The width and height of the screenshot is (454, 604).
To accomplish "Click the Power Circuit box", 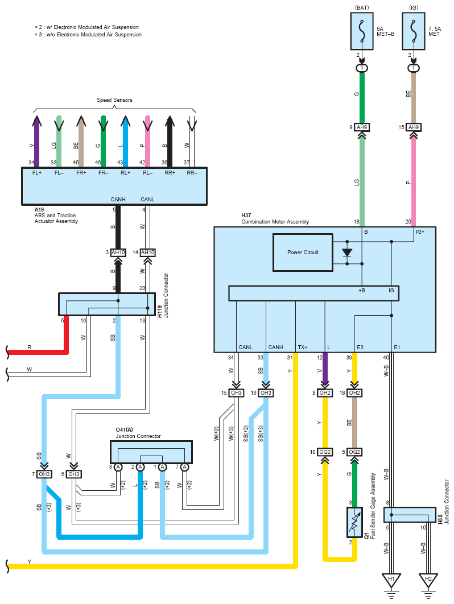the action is point(303,253).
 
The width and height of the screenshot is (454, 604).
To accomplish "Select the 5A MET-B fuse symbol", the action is point(362,31).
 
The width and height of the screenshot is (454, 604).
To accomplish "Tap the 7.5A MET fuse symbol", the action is point(414,31).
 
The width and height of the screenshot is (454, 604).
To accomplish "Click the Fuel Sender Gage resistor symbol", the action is point(354,522).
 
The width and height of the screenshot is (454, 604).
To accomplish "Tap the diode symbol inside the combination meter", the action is point(347,253).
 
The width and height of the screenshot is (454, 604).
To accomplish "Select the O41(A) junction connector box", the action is point(151,452).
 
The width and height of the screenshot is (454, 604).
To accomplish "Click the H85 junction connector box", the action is point(410,515).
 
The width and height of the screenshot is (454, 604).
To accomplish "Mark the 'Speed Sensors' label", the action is point(114,100).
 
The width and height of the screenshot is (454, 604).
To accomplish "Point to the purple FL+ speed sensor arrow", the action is point(36,141).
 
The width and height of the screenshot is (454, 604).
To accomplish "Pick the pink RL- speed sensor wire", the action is point(147,141).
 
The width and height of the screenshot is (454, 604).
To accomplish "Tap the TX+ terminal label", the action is point(303,347).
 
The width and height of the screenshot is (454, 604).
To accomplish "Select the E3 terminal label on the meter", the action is point(360,347).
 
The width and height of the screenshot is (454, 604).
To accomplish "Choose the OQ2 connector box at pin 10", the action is point(325,452).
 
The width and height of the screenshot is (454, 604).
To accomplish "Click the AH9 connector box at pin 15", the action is point(414,127).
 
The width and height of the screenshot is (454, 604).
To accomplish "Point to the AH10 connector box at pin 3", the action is point(118,253).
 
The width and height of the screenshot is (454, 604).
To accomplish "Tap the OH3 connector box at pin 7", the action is point(44,474).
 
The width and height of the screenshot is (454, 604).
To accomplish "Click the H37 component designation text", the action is point(246,216).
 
